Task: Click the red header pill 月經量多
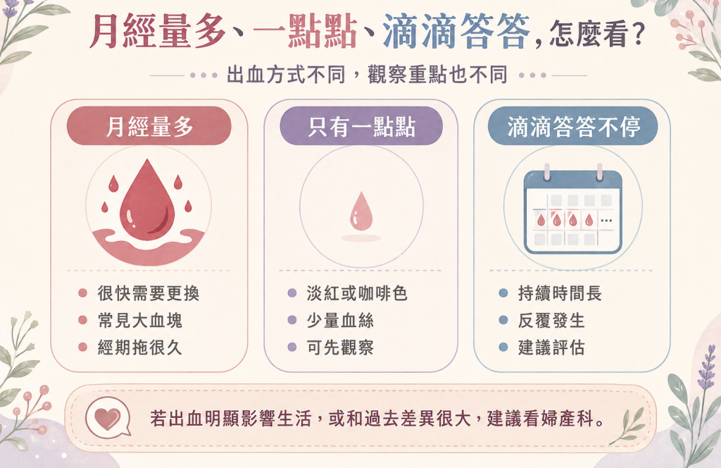[x=149, y=126]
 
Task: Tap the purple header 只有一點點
[x=361, y=126]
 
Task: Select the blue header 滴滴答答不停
[x=573, y=126]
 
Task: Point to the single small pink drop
[x=361, y=211]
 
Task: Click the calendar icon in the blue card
[x=573, y=210]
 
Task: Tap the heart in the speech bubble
[x=107, y=418]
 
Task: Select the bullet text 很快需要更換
[x=149, y=293]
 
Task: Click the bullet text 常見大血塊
[x=140, y=320]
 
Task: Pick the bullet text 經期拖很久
[x=140, y=347]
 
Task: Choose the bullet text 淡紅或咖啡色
[x=357, y=293]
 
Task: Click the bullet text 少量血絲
[x=340, y=320]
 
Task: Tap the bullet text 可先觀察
[x=340, y=347]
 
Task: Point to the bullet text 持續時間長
[x=560, y=293]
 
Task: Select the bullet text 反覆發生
[x=551, y=320]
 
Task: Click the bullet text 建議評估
[x=551, y=347]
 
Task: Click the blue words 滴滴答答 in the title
[x=456, y=31]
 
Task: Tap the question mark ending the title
[x=638, y=34]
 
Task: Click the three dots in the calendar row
[x=606, y=221]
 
